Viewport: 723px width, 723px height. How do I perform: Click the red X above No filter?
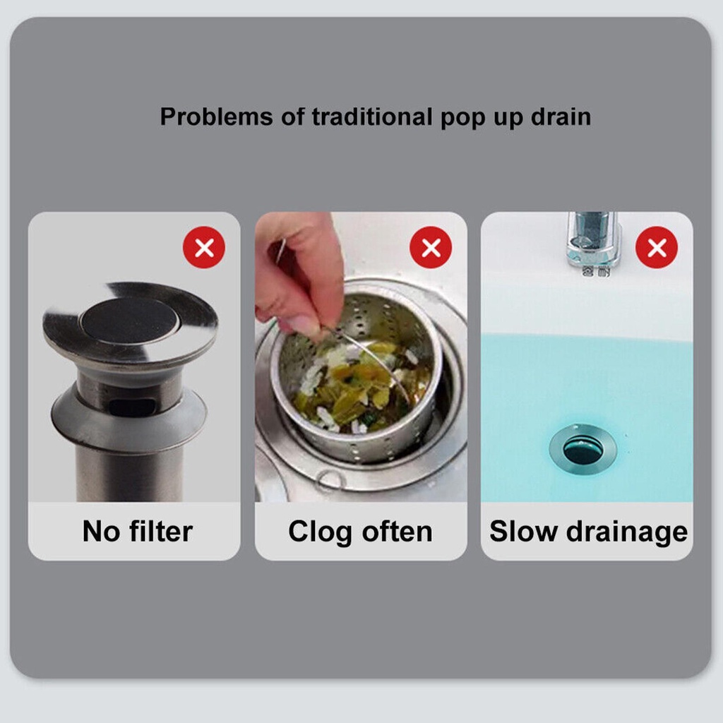204,248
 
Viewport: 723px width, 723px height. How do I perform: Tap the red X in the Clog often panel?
431,248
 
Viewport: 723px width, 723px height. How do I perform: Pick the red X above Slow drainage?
657,248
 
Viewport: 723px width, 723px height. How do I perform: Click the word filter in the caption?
159,532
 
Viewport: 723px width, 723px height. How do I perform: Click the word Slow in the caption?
519,532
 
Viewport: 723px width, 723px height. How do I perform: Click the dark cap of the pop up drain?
129,320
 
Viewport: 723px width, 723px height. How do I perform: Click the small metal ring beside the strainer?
330,481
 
